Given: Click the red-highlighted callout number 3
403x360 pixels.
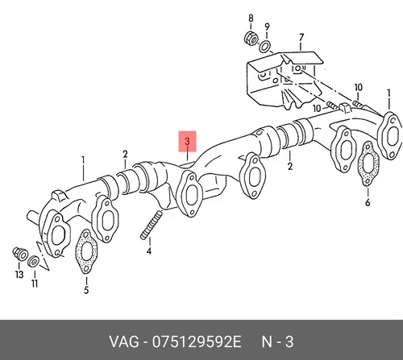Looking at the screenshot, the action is point(187,142).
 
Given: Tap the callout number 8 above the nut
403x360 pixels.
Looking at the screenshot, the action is point(251,19).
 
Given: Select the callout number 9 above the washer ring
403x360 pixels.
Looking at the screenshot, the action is point(267,27).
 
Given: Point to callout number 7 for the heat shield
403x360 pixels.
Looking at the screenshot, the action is point(301,37).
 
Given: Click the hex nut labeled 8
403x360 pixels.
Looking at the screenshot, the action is point(251,39).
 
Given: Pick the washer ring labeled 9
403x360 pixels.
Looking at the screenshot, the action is point(265,47).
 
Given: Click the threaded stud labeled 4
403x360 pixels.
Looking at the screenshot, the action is point(152,225).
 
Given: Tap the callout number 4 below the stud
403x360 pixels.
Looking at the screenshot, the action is point(149,251).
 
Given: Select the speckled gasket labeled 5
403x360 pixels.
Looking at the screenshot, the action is point(86,251).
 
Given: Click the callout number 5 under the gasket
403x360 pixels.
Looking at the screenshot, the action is point(86,290).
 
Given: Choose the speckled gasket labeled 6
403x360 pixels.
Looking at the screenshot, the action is point(368,164).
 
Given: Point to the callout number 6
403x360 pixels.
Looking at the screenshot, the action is point(368,202).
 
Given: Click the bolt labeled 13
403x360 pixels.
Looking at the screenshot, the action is point(20,254).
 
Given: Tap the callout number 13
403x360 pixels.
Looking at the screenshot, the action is point(19,275).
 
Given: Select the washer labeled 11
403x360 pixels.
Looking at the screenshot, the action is point(33,261).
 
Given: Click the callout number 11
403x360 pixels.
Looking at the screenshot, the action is point(35,283).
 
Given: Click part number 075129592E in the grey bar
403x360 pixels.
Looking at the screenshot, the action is point(197,341).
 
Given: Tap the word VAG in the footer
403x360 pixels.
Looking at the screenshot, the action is point(124,341).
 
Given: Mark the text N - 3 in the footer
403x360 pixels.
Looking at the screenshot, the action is point(277,341).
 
